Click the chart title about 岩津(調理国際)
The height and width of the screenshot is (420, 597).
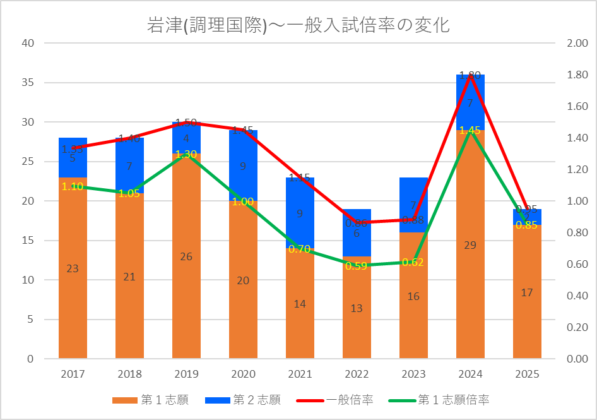click(298, 26)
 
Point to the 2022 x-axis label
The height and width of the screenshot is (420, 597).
click(357, 374)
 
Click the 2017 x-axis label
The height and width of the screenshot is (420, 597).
click(73, 374)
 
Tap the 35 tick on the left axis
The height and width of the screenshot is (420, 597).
click(27, 83)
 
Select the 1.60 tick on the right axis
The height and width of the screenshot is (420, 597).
click(577, 106)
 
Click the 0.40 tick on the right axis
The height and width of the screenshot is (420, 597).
click(577, 296)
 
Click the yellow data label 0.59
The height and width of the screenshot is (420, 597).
click(357, 266)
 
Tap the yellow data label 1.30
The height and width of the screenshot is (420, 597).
click(186, 154)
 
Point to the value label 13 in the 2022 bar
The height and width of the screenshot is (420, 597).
click(357, 308)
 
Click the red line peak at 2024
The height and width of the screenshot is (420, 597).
click(470, 75)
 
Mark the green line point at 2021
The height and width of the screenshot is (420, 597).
click(300, 249)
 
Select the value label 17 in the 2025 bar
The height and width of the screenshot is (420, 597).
click(527, 292)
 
